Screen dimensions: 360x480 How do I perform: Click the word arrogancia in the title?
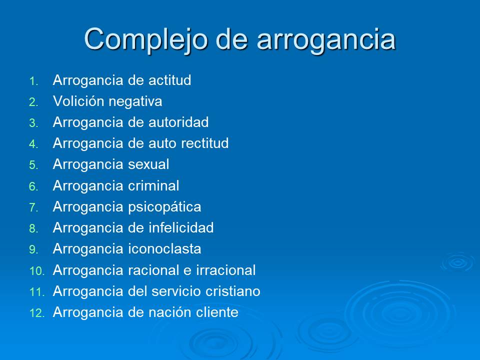click(x=326, y=39)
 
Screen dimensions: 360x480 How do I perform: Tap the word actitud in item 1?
click(x=170, y=80)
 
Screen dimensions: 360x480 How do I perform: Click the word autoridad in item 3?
click(x=178, y=122)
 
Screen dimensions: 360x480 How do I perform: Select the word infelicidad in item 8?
click(x=181, y=228)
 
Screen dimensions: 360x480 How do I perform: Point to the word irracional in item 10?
click(x=225, y=270)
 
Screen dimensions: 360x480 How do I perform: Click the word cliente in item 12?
click(x=216, y=313)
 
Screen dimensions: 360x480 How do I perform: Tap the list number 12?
click(x=37, y=313)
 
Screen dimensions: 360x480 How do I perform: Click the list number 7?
click(x=33, y=207)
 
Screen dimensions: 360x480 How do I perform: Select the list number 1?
click(x=33, y=80)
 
